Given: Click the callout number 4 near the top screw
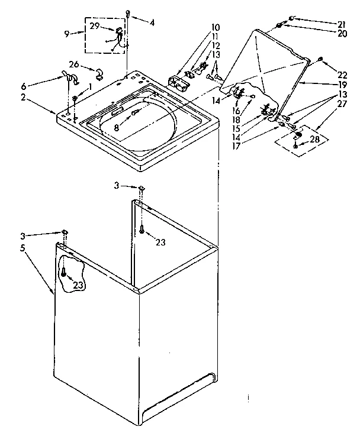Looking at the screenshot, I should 152,23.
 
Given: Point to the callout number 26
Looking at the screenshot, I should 75,65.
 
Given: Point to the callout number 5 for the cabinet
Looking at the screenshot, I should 22,248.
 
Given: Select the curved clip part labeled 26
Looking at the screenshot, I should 98,74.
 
